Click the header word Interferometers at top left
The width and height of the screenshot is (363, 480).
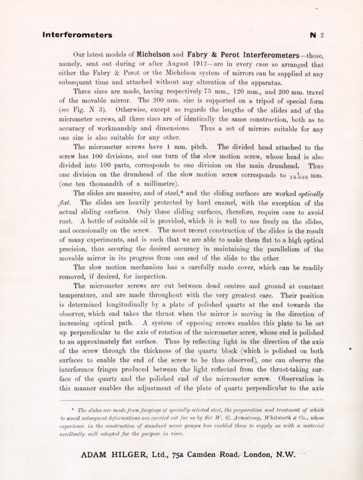[77, 35]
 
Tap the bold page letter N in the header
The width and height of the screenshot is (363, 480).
[313, 35]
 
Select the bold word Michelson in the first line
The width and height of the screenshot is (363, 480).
[153, 54]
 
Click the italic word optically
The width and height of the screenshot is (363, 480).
[311, 194]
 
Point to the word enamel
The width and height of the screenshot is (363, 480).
[222, 203]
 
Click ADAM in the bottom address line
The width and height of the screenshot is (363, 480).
[93, 455]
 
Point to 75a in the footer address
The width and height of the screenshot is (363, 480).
[178, 455]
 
